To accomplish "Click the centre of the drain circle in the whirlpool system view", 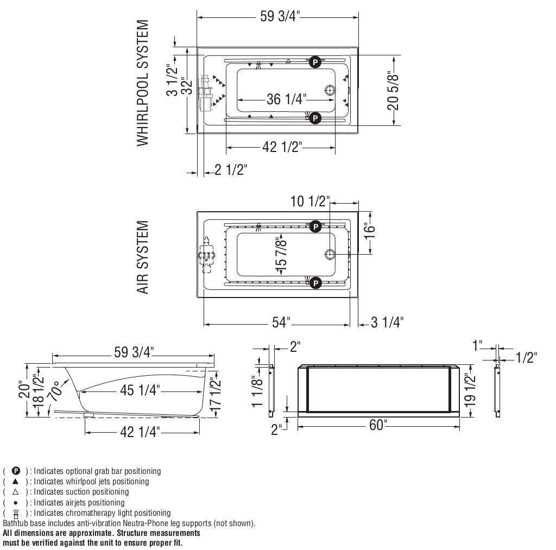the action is coord(330,91).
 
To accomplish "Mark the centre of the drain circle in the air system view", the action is coord(330,254).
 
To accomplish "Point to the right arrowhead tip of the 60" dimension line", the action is coord(459,426).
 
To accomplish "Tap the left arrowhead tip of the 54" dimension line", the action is coord(204,324).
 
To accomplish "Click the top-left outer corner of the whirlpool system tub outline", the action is coord(197,47).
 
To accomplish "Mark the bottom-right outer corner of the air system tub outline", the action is coord(358,297).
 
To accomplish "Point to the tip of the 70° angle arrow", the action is coord(69,380).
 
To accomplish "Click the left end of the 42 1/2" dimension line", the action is coord(226,147).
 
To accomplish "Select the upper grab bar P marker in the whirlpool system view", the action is coord(315,62).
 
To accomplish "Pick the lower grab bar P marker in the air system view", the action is coord(315,283).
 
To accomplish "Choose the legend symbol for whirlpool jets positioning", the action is coord(16,481).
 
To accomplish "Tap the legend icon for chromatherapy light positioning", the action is coord(16,514).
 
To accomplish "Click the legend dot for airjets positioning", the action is coord(16,503).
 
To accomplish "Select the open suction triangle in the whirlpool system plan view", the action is coord(288,61).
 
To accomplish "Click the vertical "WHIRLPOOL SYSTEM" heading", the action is coord(143,83).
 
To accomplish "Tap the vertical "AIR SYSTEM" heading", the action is coord(143,257).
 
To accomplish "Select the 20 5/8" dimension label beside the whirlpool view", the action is coord(393,90).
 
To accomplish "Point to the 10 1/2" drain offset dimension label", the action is coord(310,201).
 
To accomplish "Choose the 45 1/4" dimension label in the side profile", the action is coord(140,390).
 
